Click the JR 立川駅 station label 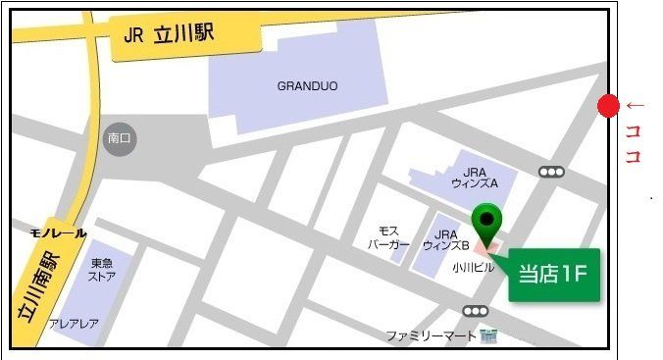pyautogui.click(x=170, y=35)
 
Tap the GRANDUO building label pyautogui.click(x=307, y=86)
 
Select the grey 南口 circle pyautogui.click(x=121, y=139)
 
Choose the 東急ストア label pyautogui.click(x=103, y=270)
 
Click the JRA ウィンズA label pyautogui.click(x=475, y=177)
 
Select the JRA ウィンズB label pyautogui.click(x=446, y=240)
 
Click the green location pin pyautogui.click(x=486, y=223)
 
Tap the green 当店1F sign pyautogui.click(x=552, y=274)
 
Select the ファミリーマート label pyautogui.click(x=432, y=335)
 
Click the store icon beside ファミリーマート pyautogui.click(x=488, y=335)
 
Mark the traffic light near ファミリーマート pyautogui.click(x=477, y=312)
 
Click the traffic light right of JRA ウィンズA pyautogui.click(x=552, y=172)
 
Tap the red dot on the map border pyautogui.click(x=608, y=106)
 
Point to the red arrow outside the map pyautogui.click(x=636, y=105)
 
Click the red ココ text pyautogui.click(x=633, y=142)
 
